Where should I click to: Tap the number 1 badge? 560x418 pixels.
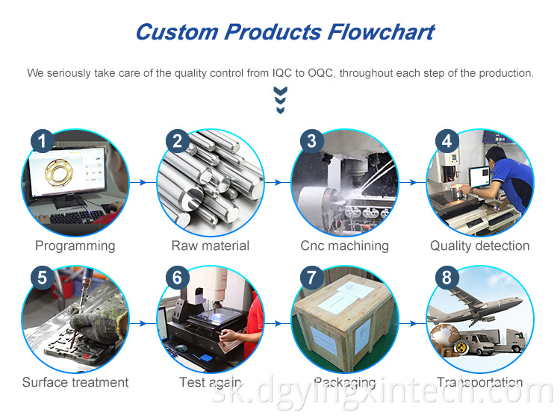pyautogui.click(x=42, y=141)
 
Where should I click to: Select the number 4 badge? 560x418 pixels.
pyautogui.click(x=447, y=141)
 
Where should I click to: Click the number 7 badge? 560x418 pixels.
pyautogui.click(x=311, y=278)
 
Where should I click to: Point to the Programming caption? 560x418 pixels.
pyautogui.click(x=75, y=246)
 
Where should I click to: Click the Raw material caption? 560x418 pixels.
pyautogui.click(x=211, y=246)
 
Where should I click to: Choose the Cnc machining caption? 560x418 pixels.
pyautogui.click(x=345, y=246)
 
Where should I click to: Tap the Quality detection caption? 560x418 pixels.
pyautogui.click(x=479, y=246)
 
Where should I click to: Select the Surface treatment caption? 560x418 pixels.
pyautogui.click(x=75, y=382)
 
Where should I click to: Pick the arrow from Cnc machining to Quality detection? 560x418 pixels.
pyautogui.click(x=411, y=182)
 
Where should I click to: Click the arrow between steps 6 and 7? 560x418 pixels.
pyautogui.click(x=276, y=322)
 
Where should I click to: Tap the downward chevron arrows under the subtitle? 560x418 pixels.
pyautogui.click(x=281, y=100)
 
